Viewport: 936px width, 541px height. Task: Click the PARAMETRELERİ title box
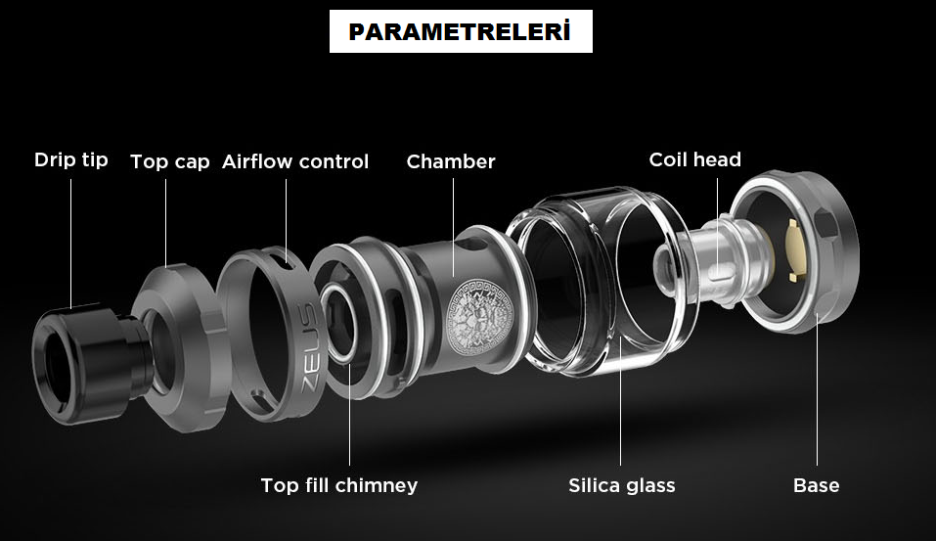pos(460,32)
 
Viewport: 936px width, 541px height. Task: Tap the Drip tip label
pos(71,159)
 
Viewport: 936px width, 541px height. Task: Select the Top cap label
pos(170,161)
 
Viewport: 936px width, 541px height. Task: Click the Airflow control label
pos(295,161)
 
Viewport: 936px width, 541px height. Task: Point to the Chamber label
pos(451,161)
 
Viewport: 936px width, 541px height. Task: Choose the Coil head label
pos(695,159)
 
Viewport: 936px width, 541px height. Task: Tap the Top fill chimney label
pos(339,485)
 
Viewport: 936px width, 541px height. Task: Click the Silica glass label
pos(622,485)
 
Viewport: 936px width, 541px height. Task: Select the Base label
pos(817,485)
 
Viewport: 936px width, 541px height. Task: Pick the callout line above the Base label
pos(817,391)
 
